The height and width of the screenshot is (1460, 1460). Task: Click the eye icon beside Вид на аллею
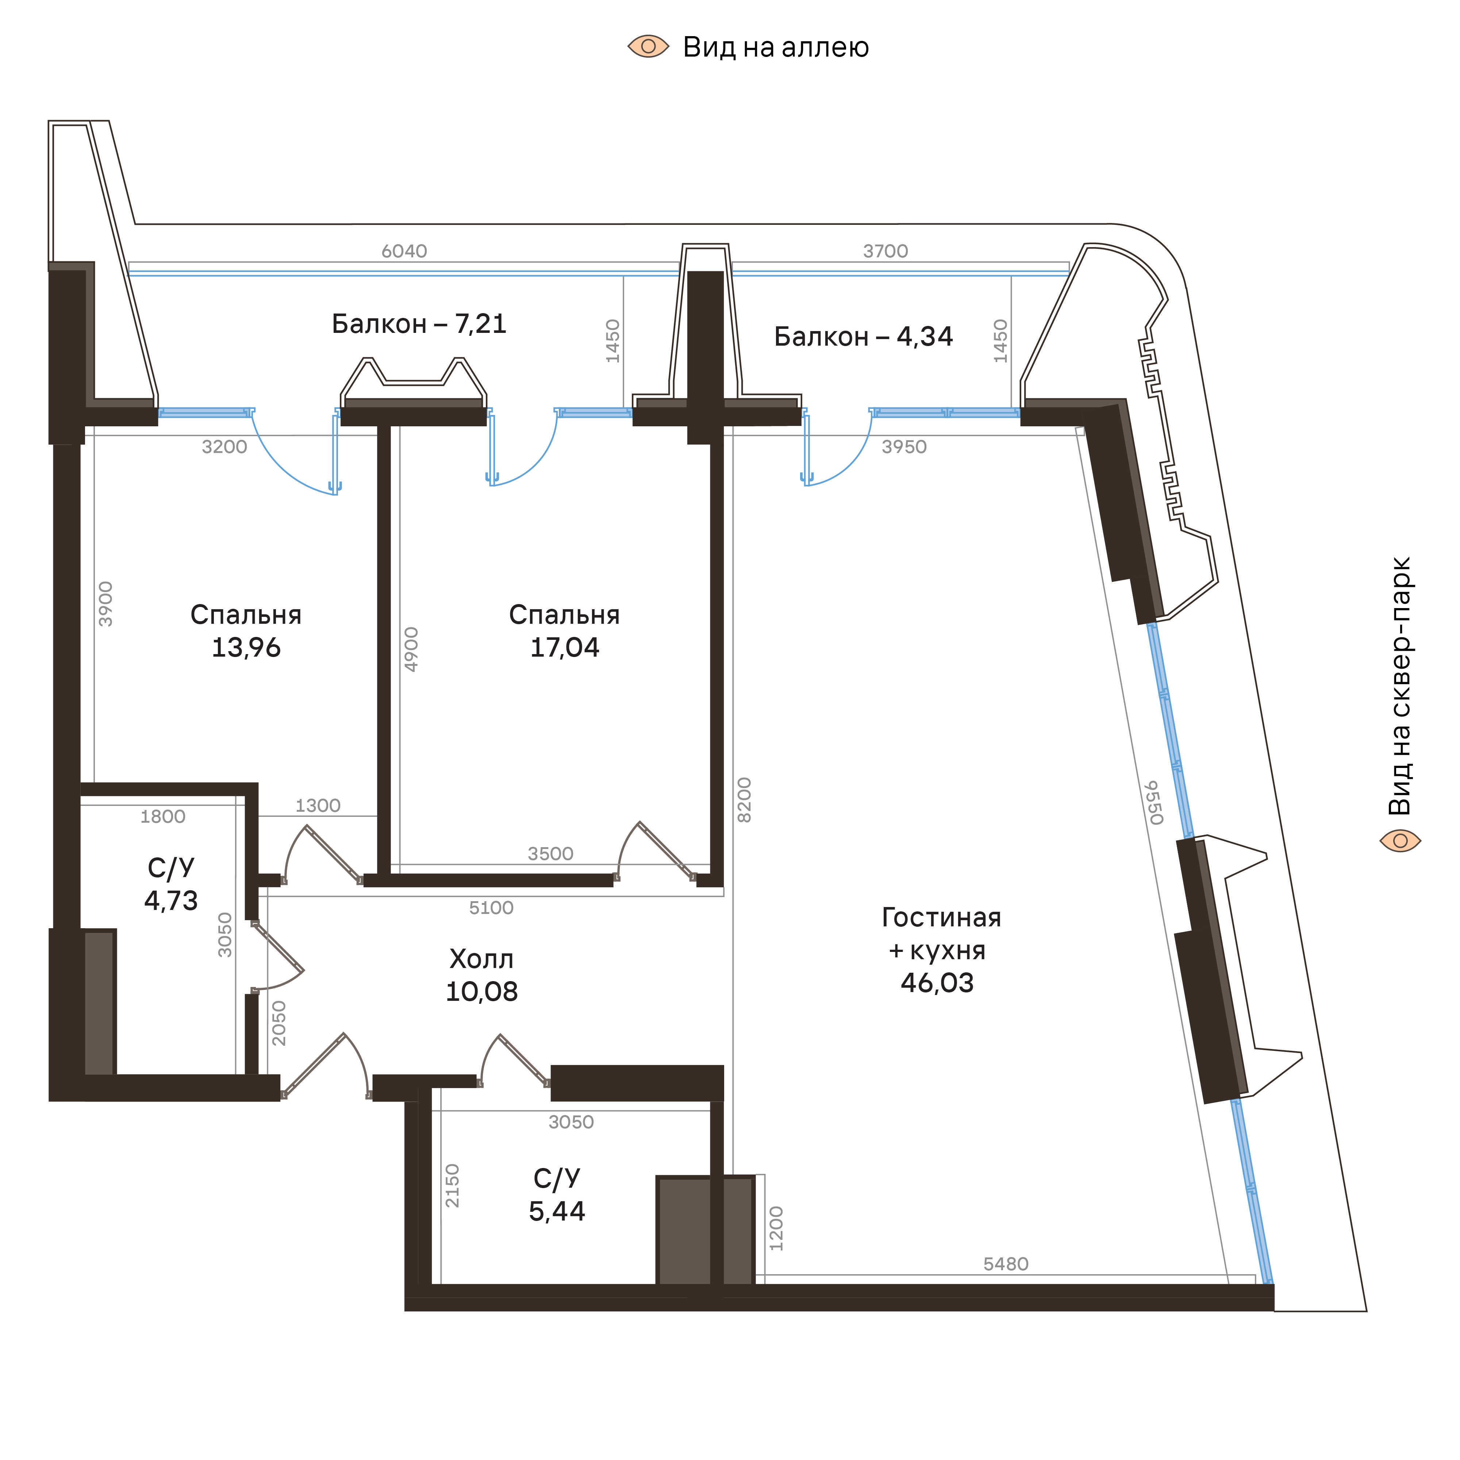(648, 47)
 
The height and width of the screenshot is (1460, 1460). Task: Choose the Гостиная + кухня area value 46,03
(937, 983)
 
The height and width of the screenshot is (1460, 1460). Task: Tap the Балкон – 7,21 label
(419, 324)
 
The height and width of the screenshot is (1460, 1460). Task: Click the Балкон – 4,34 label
(863, 337)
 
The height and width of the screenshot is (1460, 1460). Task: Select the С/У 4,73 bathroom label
(172, 884)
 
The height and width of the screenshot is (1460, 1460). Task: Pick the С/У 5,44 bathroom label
(557, 1195)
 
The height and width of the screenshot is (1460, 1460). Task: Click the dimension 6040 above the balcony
(404, 251)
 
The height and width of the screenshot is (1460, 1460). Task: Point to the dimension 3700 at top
(886, 251)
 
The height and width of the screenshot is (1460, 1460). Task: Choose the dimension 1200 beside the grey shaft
(776, 1228)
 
